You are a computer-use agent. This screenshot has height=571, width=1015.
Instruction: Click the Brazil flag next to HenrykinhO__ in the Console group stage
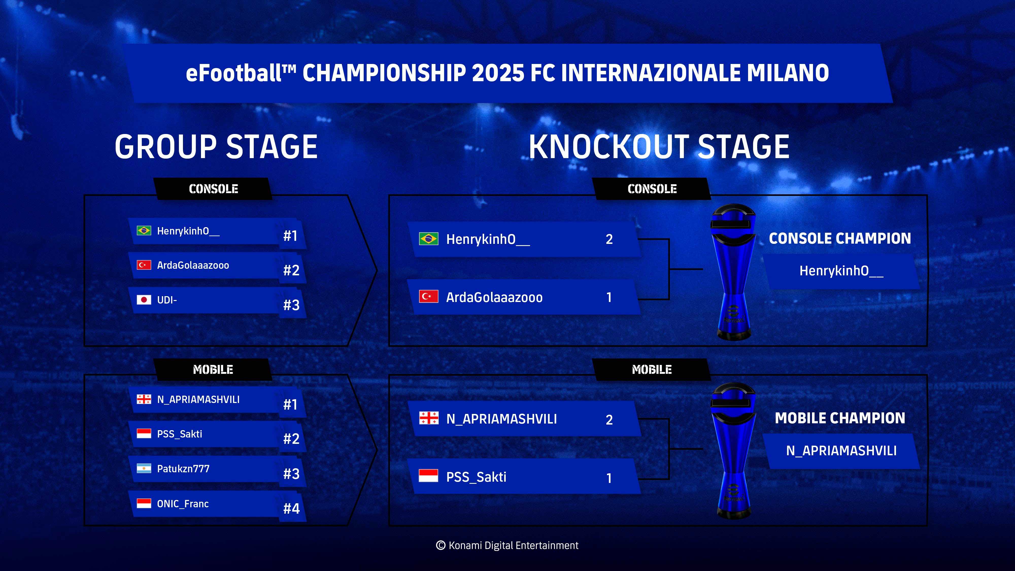coord(144,230)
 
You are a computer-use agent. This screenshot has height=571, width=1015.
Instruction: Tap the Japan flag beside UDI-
coord(144,300)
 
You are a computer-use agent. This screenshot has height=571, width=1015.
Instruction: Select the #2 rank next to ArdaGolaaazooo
coord(292,270)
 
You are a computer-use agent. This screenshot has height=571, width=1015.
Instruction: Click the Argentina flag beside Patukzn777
coord(144,468)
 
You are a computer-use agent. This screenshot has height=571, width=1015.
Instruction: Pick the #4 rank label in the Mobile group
coord(292,509)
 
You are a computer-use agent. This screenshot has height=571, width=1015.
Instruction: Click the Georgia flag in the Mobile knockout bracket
coord(429,418)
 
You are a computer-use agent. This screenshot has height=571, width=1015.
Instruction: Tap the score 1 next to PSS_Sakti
coord(609,478)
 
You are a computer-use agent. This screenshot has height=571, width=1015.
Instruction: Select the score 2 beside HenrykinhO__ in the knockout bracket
coord(609,239)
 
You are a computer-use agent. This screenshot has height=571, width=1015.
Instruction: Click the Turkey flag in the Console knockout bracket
coord(429,296)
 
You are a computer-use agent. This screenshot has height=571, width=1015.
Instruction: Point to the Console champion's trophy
coord(734,272)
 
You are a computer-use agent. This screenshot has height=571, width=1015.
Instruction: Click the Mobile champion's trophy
coord(734,451)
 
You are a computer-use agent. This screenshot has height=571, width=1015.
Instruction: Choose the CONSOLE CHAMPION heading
coord(840,238)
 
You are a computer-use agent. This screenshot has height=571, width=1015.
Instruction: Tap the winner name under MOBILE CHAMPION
coord(841,450)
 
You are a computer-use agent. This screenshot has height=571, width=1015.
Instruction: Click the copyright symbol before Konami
coord(441,545)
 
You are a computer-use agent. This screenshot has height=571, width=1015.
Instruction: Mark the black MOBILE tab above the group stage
coord(213,370)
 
